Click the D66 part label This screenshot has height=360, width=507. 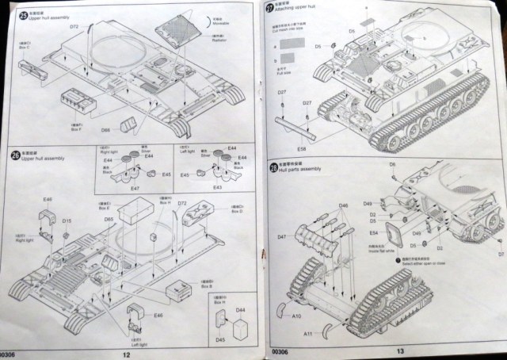[105, 130]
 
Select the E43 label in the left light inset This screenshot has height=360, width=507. [217, 187]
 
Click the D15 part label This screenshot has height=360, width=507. [67, 221]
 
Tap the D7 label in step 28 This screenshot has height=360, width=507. [500, 254]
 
